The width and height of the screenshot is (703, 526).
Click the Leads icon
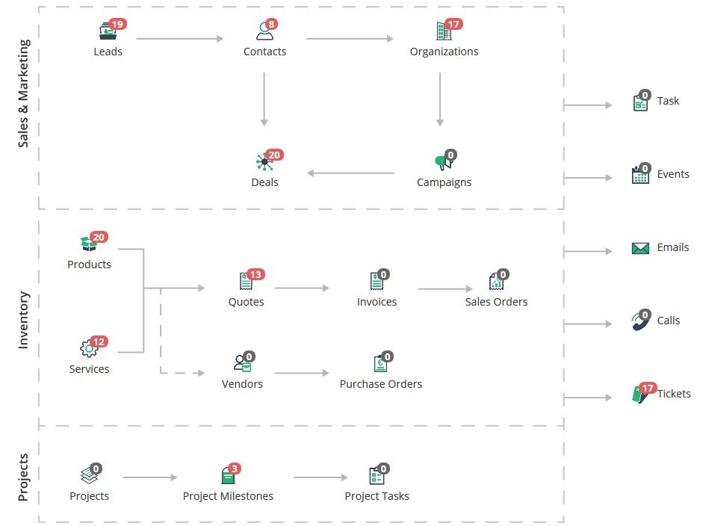(108, 31)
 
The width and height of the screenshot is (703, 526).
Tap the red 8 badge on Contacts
(271, 24)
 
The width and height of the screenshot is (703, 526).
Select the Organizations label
(444, 52)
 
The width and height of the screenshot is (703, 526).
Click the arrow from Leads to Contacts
(179, 39)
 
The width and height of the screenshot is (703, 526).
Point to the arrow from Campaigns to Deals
(350, 173)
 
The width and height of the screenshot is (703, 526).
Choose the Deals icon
(264, 162)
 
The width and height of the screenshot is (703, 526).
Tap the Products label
(89, 264)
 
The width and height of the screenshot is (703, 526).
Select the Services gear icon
(89, 348)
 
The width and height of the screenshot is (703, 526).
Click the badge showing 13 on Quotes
(256, 274)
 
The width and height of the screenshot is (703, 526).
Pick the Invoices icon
(377, 282)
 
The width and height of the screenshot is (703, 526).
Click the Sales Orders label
(496, 302)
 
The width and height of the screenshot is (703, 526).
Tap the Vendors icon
(243, 363)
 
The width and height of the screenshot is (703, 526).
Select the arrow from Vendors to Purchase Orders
(302, 373)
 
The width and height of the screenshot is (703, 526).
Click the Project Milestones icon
(228, 476)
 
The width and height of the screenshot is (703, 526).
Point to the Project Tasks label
(377, 496)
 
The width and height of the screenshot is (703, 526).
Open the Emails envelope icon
(640, 248)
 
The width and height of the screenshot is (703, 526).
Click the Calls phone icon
(639, 321)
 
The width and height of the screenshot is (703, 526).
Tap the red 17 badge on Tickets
(648, 388)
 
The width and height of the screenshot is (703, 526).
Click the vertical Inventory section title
(23, 321)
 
